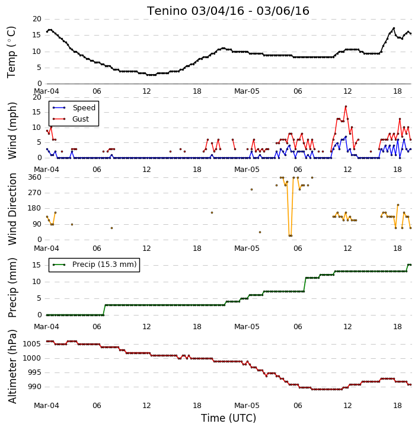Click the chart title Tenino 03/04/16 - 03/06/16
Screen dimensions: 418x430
click(228, 11)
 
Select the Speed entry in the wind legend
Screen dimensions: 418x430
click(74, 108)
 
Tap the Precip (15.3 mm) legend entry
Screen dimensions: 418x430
click(94, 265)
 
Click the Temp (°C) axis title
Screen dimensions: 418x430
click(11, 52)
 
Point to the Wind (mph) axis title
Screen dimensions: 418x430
click(12, 130)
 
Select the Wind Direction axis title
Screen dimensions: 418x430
click(12, 209)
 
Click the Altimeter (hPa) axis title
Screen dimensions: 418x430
click(12, 367)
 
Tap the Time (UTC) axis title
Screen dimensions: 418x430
click(228, 418)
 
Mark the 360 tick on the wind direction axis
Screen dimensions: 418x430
click(35, 177)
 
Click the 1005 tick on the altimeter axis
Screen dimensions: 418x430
click(32, 344)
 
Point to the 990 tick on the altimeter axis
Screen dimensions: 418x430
click(34, 387)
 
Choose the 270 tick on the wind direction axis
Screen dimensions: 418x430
click(35, 193)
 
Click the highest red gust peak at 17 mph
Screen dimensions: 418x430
click(346, 106)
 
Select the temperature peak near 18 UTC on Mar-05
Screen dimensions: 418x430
click(394, 28)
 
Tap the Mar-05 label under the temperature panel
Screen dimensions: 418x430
click(247, 91)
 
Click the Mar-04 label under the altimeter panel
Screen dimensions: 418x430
click(46, 406)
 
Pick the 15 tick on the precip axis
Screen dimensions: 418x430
click(37, 265)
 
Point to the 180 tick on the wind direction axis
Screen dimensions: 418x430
click(35, 208)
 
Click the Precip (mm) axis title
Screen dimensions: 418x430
click(12, 288)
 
